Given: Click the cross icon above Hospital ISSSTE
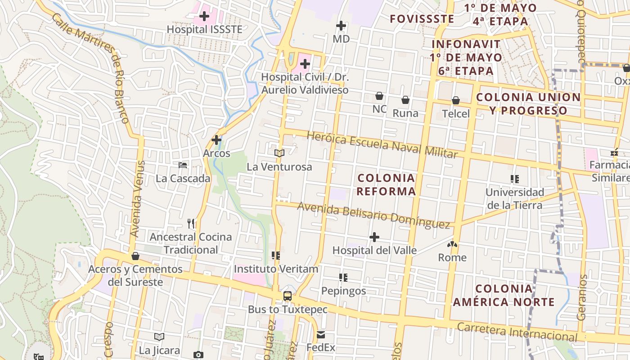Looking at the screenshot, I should click(204, 17).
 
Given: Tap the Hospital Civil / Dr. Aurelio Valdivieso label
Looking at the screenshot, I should click(305, 83).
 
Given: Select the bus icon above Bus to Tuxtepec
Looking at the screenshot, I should click(288, 296).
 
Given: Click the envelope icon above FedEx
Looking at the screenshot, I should click(321, 335).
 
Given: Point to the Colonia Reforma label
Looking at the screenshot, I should click(386, 184).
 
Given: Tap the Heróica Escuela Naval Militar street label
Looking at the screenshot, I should click(382, 144).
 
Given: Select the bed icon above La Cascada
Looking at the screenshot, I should click(183, 165).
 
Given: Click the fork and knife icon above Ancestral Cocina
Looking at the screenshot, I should click(191, 223).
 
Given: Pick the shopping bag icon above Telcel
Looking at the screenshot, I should click(456, 100).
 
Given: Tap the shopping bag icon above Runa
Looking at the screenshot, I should click(405, 100).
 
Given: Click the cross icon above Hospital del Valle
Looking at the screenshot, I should click(374, 237).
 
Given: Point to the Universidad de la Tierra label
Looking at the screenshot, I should click(514, 199).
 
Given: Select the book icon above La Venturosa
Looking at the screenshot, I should click(279, 153).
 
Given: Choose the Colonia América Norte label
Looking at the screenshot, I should click(504, 295).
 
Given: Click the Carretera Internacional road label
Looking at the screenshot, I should click(517, 332).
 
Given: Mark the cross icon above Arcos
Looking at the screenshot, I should click(216, 140).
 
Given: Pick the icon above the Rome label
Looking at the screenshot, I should click(452, 244).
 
